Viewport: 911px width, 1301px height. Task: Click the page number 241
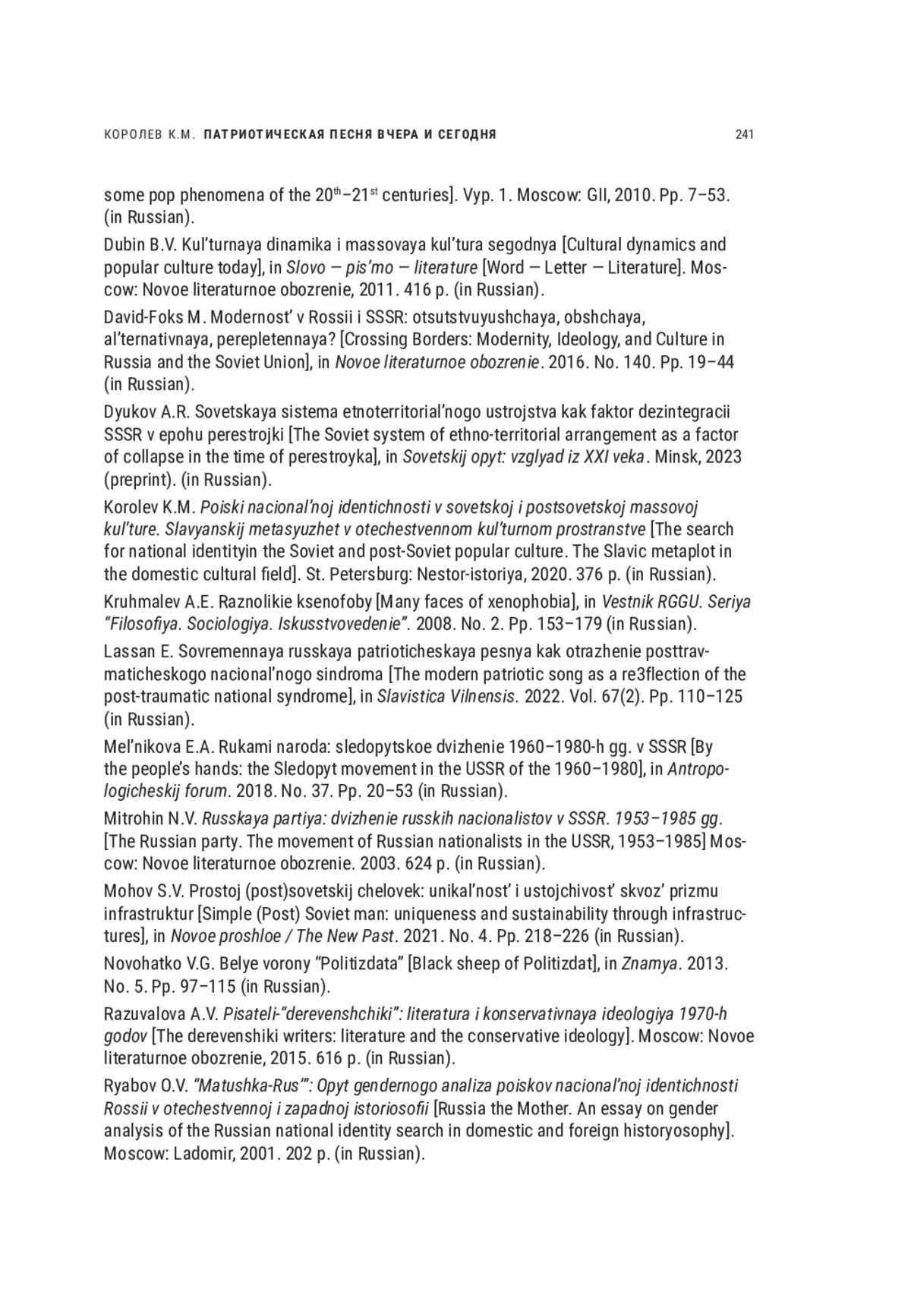coord(744,135)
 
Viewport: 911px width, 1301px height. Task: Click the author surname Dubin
coord(124,244)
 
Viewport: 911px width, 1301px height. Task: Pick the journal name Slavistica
coord(409,697)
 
